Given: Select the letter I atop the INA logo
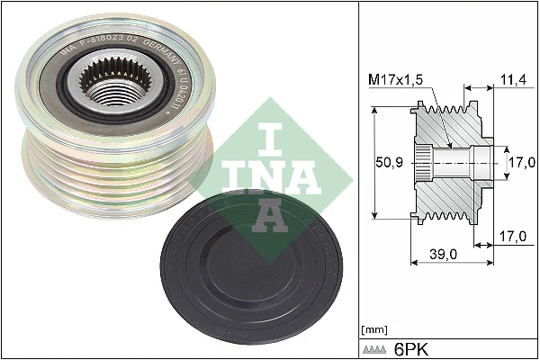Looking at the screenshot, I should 270,140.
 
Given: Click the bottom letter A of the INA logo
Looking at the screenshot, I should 270,216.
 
